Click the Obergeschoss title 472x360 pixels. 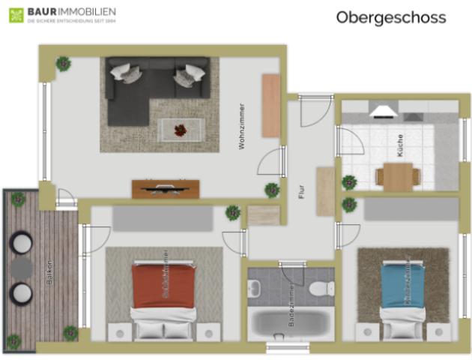(x=390, y=17)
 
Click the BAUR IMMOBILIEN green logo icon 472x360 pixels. (x=16, y=15)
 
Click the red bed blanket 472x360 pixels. (x=163, y=285)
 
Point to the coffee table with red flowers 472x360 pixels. (x=181, y=130)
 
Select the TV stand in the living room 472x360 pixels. (x=166, y=188)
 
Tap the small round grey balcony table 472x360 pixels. (x=20, y=267)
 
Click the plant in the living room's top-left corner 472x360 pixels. (x=63, y=64)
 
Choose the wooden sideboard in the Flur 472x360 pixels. (x=325, y=191)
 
